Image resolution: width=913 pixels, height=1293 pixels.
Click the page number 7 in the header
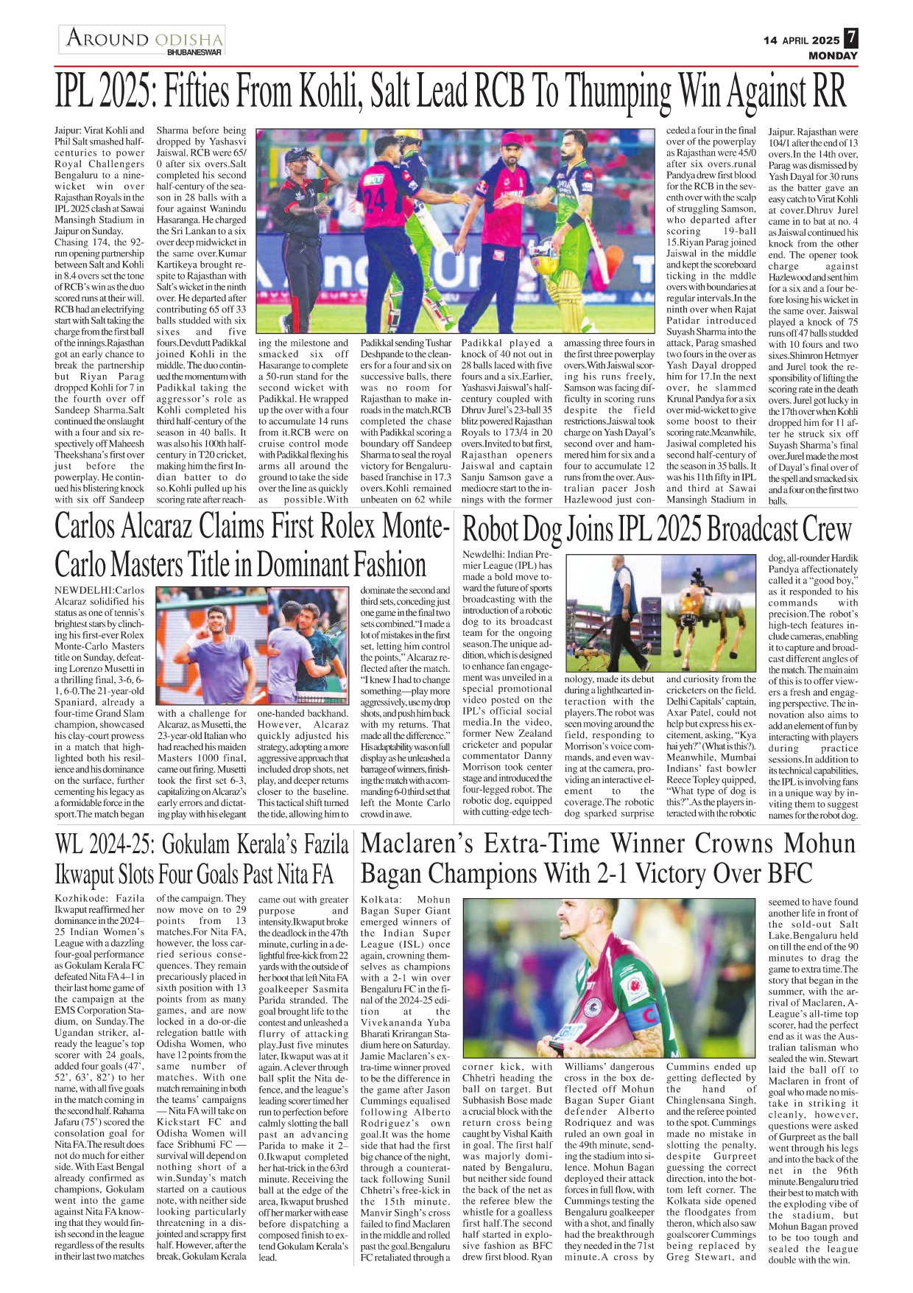point(850,38)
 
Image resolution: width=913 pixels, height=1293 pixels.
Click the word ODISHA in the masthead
point(188,39)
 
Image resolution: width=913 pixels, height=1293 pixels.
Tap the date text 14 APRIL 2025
point(801,41)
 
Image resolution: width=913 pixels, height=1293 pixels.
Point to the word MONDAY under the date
point(833,56)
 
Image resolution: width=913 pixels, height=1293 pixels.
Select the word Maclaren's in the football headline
point(434,844)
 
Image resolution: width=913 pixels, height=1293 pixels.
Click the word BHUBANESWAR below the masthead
point(194,53)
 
